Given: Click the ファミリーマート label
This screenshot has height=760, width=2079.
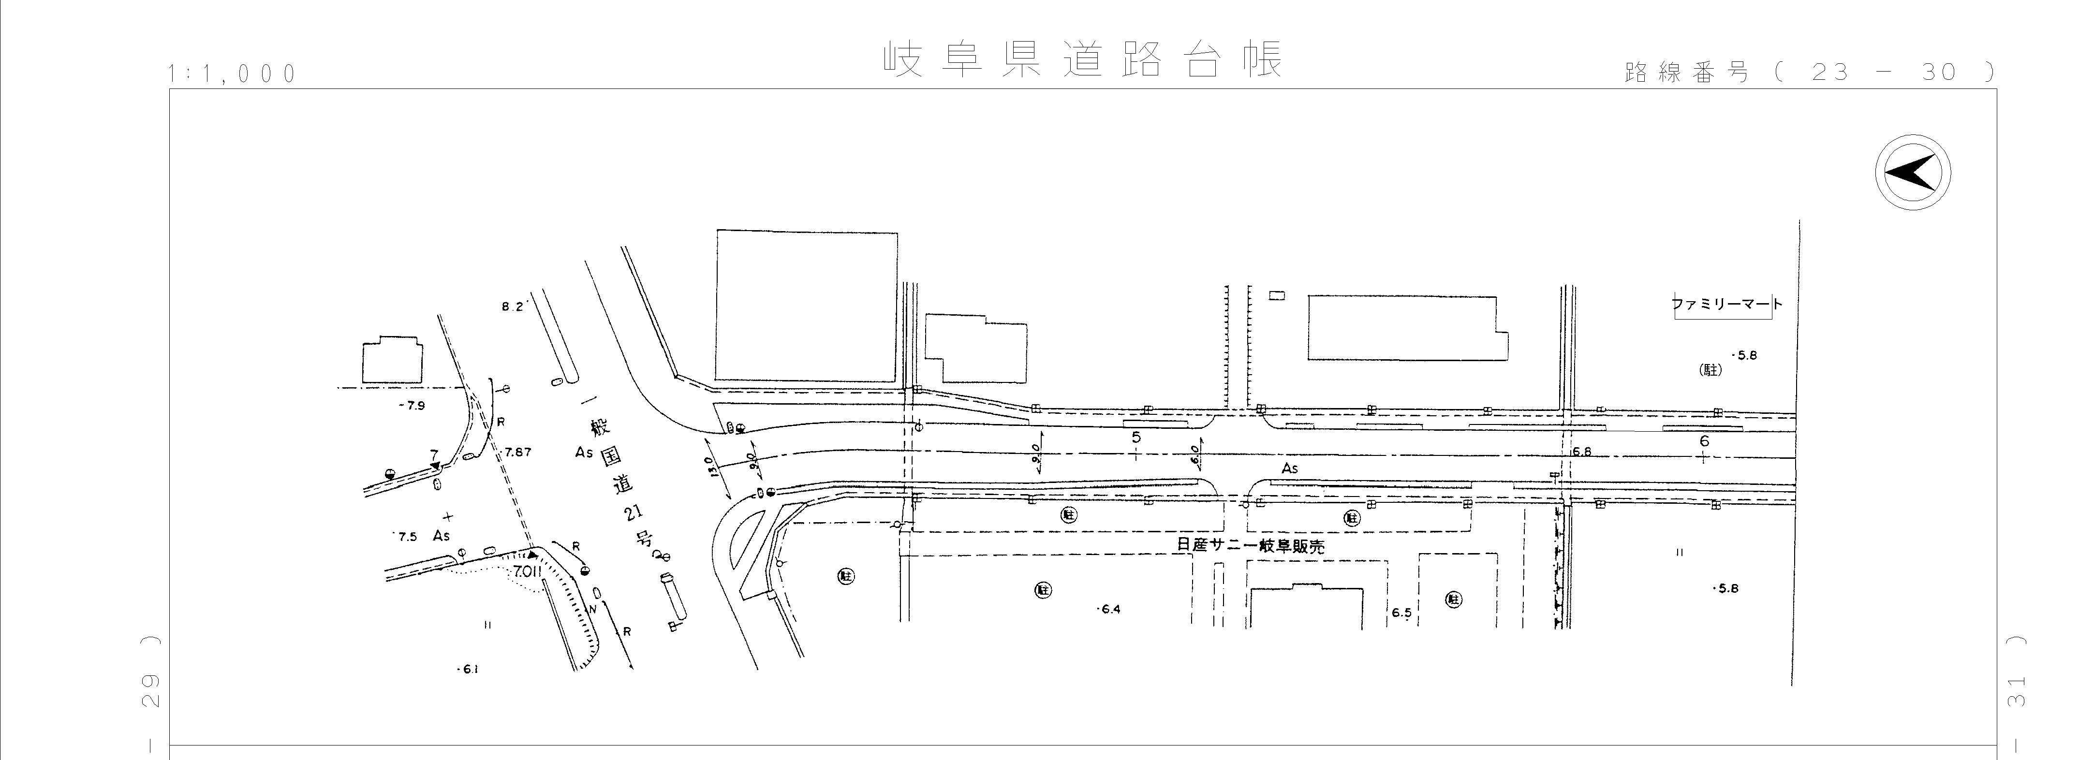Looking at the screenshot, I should coord(1725,305).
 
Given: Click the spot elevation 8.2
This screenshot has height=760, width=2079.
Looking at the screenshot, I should coord(513,307).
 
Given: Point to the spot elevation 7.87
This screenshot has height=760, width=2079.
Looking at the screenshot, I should coord(517,452).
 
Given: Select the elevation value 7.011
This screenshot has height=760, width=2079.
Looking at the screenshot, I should coord(527,571).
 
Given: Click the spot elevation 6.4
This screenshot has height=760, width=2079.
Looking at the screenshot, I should coord(1110,609).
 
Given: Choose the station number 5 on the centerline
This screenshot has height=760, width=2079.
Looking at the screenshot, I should coord(1136,437).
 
